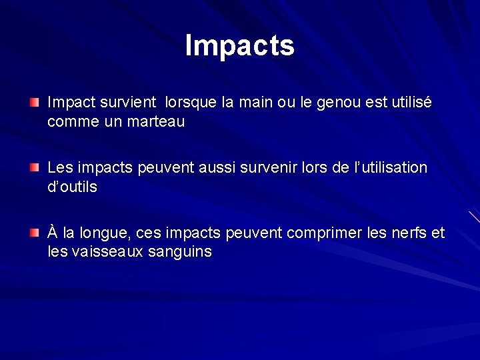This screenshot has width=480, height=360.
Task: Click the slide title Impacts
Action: click(239, 45)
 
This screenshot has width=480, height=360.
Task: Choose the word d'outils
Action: click(72, 187)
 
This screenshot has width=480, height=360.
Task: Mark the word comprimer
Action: click(321, 233)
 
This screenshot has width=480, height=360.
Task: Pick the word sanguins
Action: click(182, 252)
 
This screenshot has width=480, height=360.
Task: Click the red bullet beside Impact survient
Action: click(34, 103)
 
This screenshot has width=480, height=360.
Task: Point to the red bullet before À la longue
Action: click(34, 233)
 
